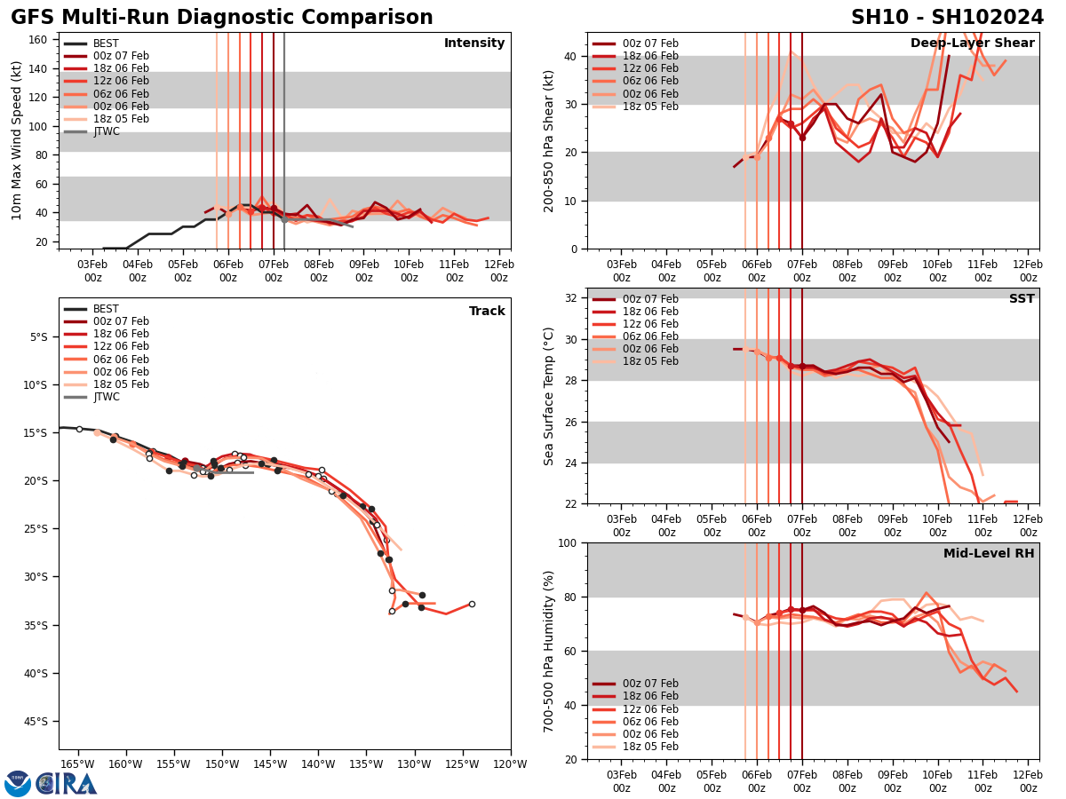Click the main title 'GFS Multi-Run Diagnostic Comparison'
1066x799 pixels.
tap(222, 18)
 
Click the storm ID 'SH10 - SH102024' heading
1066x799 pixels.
tap(947, 18)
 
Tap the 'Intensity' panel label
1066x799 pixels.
tap(474, 44)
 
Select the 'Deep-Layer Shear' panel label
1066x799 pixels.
tap(972, 44)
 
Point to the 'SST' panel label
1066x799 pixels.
tap(1022, 299)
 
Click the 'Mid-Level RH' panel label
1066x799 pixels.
tap(989, 554)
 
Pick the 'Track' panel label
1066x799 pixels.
tap(487, 312)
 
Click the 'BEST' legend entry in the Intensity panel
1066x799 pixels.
tap(106, 44)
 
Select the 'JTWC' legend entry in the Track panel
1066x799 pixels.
tap(106, 397)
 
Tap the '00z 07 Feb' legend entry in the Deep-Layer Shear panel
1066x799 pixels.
tap(650, 44)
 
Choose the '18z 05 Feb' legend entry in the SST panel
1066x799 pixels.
tap(650, 361)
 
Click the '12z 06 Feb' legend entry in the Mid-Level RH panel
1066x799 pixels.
tap(650, 709)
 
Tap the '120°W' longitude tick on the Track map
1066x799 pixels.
tap(510, 763)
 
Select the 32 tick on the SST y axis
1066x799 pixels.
tap(572, 298)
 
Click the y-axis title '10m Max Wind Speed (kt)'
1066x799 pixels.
tap(16, 140)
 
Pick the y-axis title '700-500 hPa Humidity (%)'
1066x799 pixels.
tap(549, 651)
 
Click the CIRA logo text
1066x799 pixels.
tap(66, 784)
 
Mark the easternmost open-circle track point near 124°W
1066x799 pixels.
tap(472, 604)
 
